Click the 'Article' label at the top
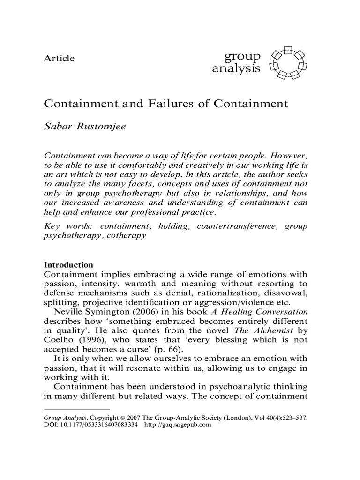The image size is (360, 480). pyautogui.click(x=59, y=59)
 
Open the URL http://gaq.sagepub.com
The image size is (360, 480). pyautogui.click(x=179, y=425)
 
